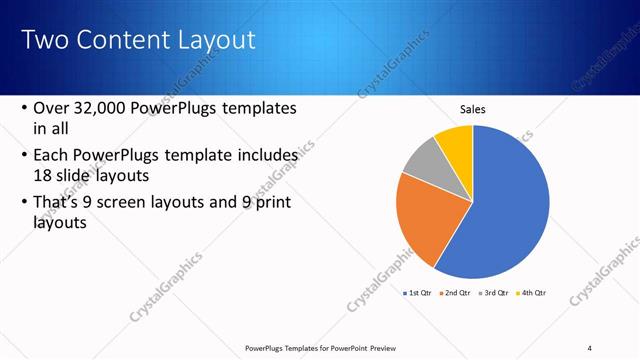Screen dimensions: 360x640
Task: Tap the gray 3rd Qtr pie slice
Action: [422, 163]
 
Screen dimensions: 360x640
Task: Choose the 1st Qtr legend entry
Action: [417, 293]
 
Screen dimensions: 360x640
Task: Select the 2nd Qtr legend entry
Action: [455, 293]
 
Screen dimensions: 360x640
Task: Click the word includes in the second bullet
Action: [266, 156]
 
